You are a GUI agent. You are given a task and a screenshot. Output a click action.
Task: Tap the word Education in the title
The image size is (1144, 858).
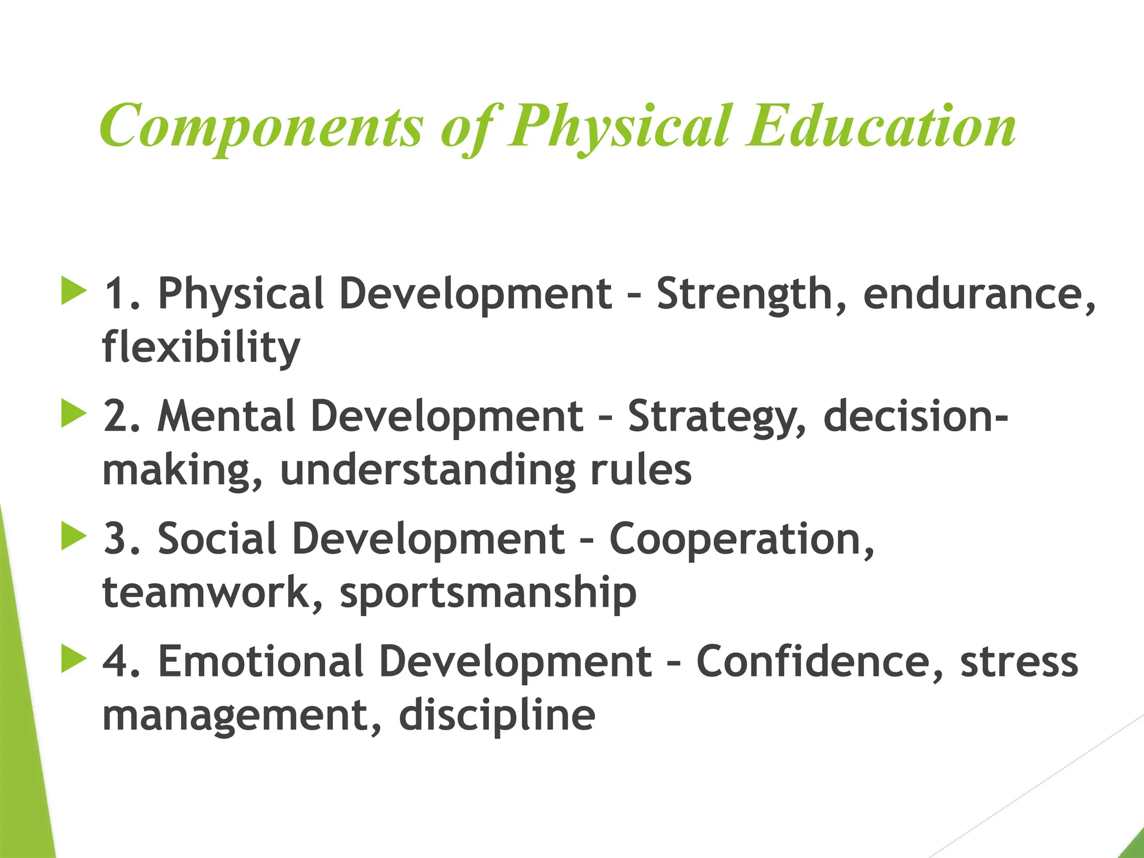tap(881, 127)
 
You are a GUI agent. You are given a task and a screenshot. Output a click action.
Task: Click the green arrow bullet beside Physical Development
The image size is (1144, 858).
tap(73, 290)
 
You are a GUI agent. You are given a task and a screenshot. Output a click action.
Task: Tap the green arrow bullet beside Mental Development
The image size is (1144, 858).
tap(73, 414)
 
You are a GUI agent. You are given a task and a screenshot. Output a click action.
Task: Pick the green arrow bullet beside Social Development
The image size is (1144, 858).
tap(73, 536)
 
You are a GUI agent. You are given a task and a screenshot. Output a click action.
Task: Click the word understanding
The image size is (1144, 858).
tap(428, 470)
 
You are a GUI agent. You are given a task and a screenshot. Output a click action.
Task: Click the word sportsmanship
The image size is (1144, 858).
tap(488, 593)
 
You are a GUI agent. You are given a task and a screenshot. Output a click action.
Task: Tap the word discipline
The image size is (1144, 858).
tap(497, 716)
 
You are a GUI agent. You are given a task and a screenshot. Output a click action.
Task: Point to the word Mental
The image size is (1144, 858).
tap(226, 417)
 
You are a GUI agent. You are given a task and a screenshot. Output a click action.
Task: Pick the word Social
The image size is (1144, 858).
tap(217, 539)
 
